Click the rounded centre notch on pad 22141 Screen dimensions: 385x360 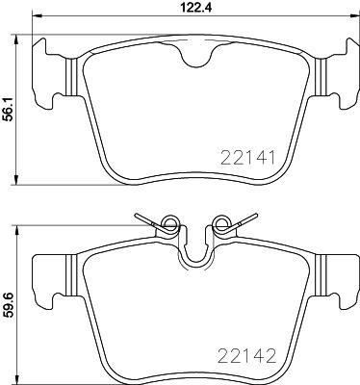(197, 59)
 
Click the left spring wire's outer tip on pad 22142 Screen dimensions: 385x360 (138, 215)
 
